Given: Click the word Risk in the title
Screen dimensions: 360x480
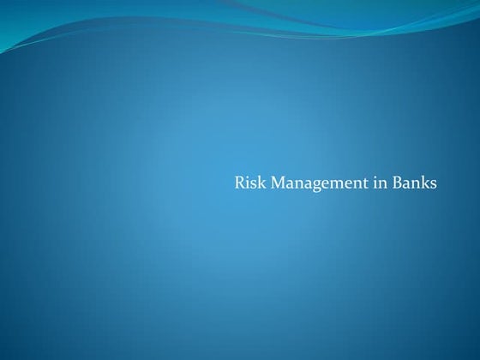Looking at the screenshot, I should [x=247, y=183].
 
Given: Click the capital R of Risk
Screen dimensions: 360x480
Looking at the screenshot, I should [x=239, y=183].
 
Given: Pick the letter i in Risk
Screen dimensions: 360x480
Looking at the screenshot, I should [x=247, y=183].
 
